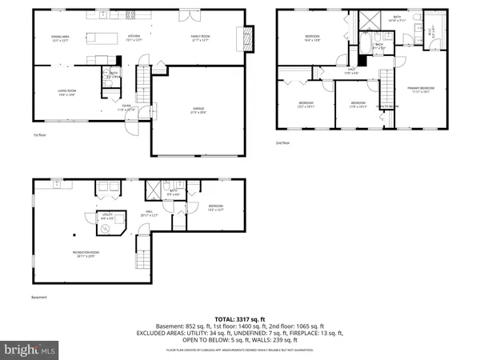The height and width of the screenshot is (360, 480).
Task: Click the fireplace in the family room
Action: tap(248, 37)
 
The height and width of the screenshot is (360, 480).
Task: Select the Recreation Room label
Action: tap(86, 256)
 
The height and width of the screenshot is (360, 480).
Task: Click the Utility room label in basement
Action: tap(106, 217)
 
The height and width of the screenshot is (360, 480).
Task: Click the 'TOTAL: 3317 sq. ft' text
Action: tap(240, 319)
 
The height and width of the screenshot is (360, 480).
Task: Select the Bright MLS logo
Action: tap(30, 349)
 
